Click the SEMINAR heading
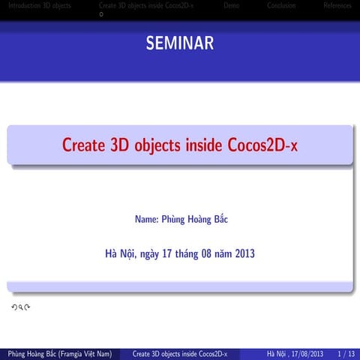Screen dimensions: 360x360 tap(180, 43)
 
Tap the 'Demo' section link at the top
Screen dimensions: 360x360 tap(232, 5)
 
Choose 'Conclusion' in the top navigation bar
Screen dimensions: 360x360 tap(280, 5)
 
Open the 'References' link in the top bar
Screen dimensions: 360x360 tap(337, 5)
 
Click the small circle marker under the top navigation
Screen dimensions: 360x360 tap(101, 13)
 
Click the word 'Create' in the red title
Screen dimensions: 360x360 tap(84, 145)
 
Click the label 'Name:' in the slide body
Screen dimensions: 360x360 tap(146, 220)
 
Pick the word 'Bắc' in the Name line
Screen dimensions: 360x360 tap(218, 220)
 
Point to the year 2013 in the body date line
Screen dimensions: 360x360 tap(244, 253)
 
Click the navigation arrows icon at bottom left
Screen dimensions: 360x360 tap(20, 307)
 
